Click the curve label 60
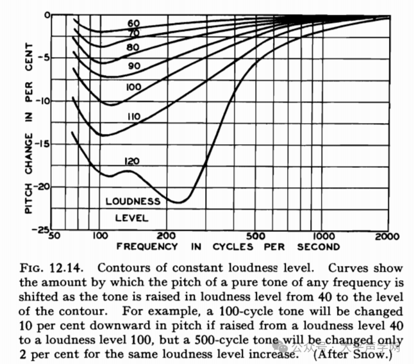tap(134, 23)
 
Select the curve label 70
tap(134, 33)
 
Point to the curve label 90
tap(134, 66)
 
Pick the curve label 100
tap(134, 87)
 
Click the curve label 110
tap(134, 117)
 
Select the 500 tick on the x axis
tap(254, 236)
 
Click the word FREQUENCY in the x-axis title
tap(147, 246)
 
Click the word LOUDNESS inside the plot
tap(133, 201)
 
